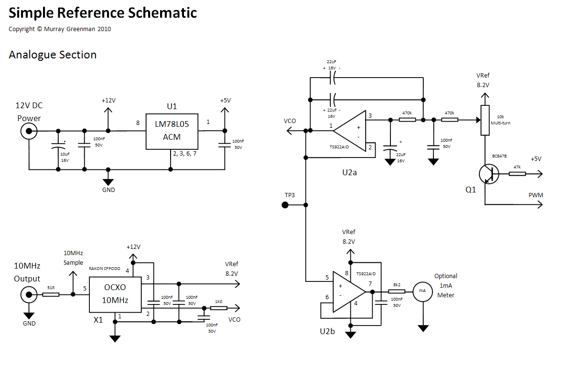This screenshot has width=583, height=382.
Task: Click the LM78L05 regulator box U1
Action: tap(172, 131)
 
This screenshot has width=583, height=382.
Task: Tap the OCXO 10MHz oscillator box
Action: tap(115, 294)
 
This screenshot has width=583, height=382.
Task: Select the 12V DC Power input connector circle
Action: tap(28, 131)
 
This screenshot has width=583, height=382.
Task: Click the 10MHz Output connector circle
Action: tap(28, 294)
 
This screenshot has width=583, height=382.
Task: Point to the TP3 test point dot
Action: tap(285, 205)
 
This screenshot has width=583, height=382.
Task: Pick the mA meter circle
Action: tap(422, 291)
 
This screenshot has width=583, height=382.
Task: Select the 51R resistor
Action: tap(51, 294)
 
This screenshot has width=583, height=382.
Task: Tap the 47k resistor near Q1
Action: tap(517, 174)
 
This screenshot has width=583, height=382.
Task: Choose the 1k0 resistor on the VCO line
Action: tap(219, 308)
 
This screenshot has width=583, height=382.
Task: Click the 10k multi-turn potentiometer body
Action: tap(485, 120)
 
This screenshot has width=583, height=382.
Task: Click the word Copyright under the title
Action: tap(22, 29)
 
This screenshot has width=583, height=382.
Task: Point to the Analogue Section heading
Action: tap(53, 55)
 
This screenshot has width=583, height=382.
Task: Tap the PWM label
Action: tap(536, 195)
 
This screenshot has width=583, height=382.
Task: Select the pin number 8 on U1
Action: tap(138, 123)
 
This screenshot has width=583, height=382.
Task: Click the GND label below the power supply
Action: tap(108, 190)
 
